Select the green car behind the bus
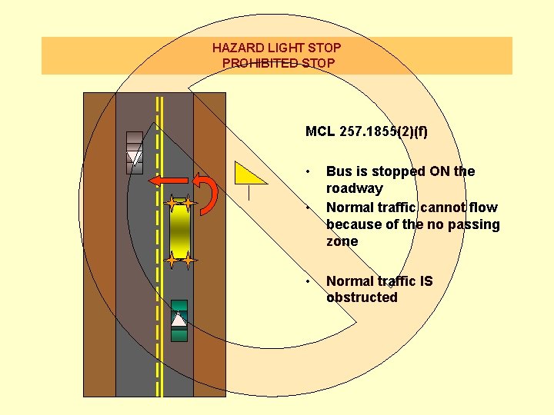tap(179, 320)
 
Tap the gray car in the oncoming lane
tap(135, 152)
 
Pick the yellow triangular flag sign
tap(249, 174)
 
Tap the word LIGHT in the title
tap(284, 48)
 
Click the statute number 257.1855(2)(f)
tap(383, 131)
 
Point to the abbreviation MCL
tap(319, 131)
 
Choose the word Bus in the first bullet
tap(338, 171)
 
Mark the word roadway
tap(354, 188)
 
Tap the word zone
tap(342, 241)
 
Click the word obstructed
tap(362, 297)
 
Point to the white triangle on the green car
tap(179, 320)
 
